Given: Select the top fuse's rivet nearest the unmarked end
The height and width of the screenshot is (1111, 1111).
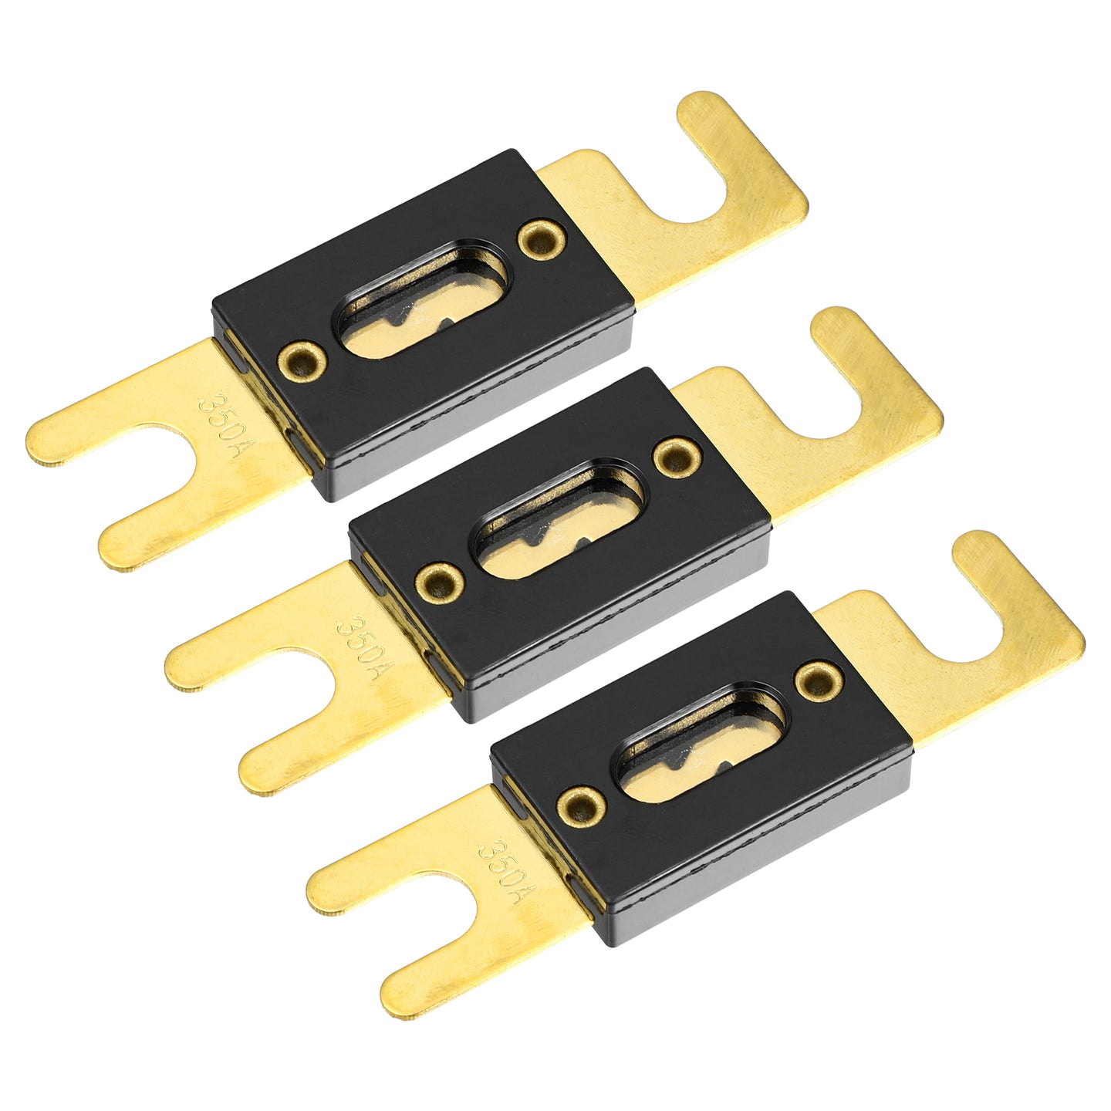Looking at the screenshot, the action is [x=542, y=240].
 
